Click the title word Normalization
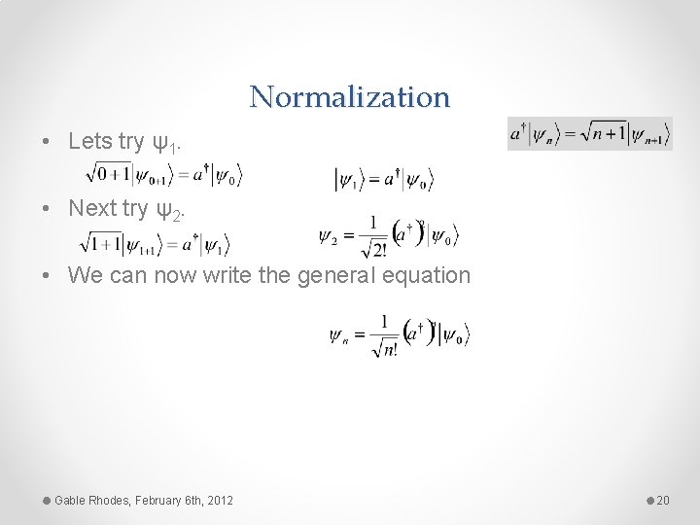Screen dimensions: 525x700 point(350,96)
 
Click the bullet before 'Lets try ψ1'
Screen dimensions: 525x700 point(47,142)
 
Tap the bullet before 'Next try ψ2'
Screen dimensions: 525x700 point(47,208)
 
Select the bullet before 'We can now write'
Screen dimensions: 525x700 point(47,275)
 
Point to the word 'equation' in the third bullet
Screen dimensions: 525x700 point(424,275)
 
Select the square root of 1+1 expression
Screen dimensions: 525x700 point(101,241)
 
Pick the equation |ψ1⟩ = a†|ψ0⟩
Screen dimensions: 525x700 point(384,179)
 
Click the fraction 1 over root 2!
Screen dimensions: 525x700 point(372,236)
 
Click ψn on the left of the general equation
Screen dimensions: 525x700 point(339,336)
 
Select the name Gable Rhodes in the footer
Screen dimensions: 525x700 point(91,500)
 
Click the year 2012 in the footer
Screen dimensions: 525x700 point(220,500)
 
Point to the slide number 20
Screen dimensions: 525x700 point(664,500)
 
